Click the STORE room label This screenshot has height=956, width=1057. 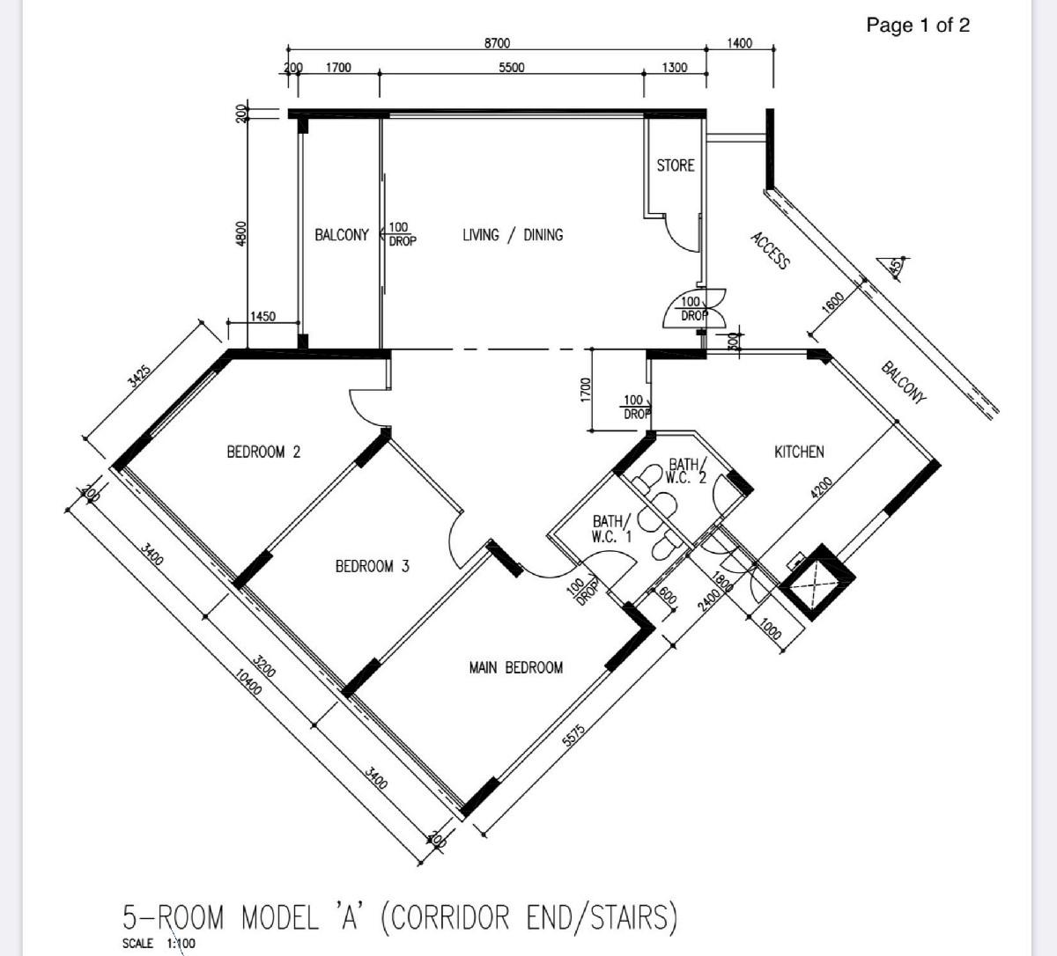pos(675,165)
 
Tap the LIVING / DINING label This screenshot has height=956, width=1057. pos(513,235)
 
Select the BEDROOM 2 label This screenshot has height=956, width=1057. pos(263,452)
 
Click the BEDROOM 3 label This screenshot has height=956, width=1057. pos(372,566)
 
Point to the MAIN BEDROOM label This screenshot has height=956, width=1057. pos(516,668)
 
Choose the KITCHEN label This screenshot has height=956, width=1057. pos(799,452)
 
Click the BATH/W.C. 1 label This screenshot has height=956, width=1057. pos(611,529)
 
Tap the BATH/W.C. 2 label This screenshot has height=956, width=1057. pos(686,471)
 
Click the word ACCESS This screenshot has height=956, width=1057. pos(770,251)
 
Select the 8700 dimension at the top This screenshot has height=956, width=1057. pos(497,42)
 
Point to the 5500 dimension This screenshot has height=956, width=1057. pos(512,68)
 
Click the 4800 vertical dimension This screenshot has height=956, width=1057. pos(240,233)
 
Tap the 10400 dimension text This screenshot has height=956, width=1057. pos(248,681)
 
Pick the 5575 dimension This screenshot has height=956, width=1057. pos(573,736)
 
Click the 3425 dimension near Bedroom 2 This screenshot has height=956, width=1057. pos(140,376)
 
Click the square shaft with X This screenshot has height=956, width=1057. pos(817,582)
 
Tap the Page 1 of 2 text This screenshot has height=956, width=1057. pos(918,25)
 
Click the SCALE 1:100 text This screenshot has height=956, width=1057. pos(159,943)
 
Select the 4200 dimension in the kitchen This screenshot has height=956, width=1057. pos(822,487)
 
